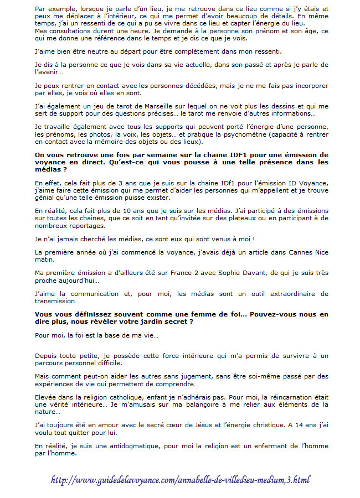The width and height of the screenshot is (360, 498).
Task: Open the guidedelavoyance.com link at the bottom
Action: click(x=180, y=480)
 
